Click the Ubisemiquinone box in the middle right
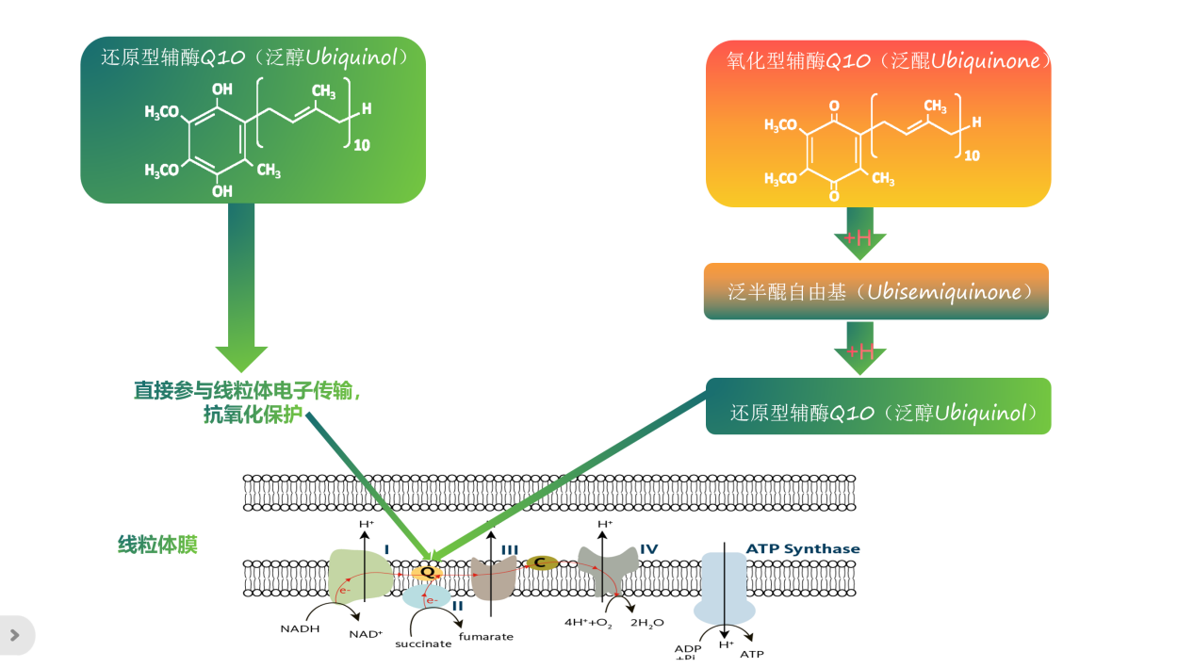pos(875,291)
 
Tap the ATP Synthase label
pos(802,549)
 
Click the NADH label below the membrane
pos(300,628)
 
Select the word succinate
pos(423,644)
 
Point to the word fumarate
pos(486,637)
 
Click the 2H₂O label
pos(646,623)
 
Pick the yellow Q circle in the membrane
pos(427,572)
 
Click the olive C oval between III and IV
pos(540,562)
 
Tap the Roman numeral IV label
pos(648,549)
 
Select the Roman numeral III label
pos(509,549)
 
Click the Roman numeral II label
pos(457,606)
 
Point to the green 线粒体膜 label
pos(157,545)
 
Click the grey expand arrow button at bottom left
pos(15,635)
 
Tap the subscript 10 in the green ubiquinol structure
pos(362,145)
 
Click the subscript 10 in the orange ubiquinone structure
pos(973,155)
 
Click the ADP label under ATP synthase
pos(688,649)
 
